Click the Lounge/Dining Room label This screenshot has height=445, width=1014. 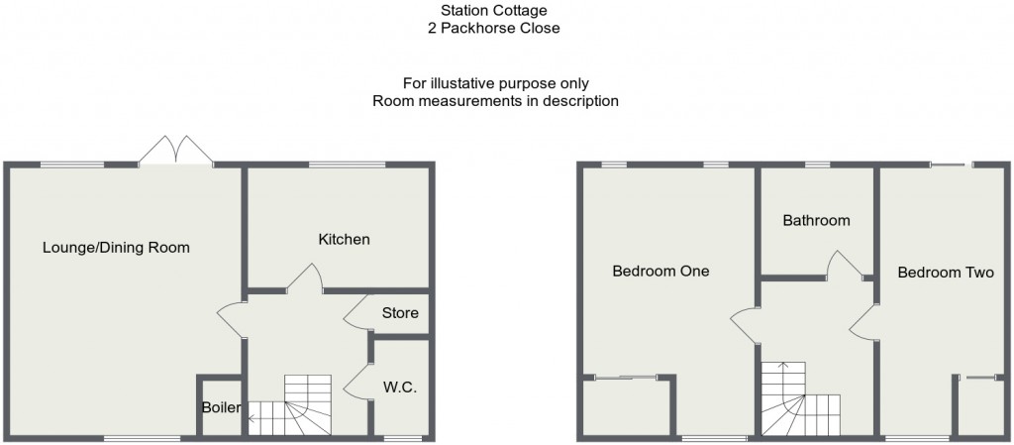click(x=116, y=247)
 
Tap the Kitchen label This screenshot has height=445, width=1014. click(x=344, y=239)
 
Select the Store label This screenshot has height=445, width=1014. click(x=400, y=313)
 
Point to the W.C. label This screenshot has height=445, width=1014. click(x=399, y=388)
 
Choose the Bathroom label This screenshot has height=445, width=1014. click(x=816, y=220)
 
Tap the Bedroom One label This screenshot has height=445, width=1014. click(x=660, y=271)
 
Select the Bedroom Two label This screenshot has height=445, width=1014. click(x=945, y=273)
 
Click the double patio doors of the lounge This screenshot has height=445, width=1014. click(x=177, y=152)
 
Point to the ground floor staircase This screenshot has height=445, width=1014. click(x=296, y=405)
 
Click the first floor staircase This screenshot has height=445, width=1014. click(x=798, y=400)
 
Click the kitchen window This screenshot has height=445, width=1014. click(x=346, y=165)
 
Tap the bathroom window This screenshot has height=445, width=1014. click(x=816, y=165)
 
